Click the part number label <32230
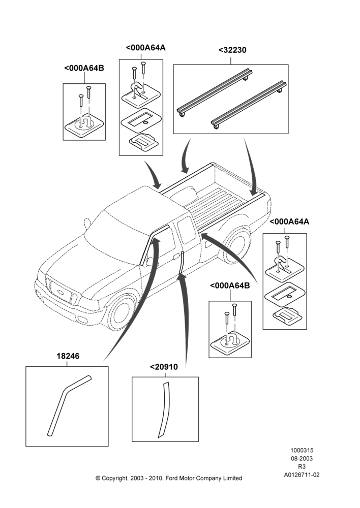[232, 50]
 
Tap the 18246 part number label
[68, 356]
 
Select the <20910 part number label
[164, 367]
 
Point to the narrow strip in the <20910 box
[164, 409]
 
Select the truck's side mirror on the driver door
[87, 223]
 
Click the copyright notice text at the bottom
[169, 478]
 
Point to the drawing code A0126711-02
[302, 474]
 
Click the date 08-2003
[302, 458]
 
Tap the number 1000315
[302, 450]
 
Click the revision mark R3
[302, 466]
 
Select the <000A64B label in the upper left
[84, 68]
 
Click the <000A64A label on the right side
[289, 221]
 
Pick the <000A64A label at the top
[145, 48]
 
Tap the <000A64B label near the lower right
[230, 285]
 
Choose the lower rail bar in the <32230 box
[249, 105]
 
